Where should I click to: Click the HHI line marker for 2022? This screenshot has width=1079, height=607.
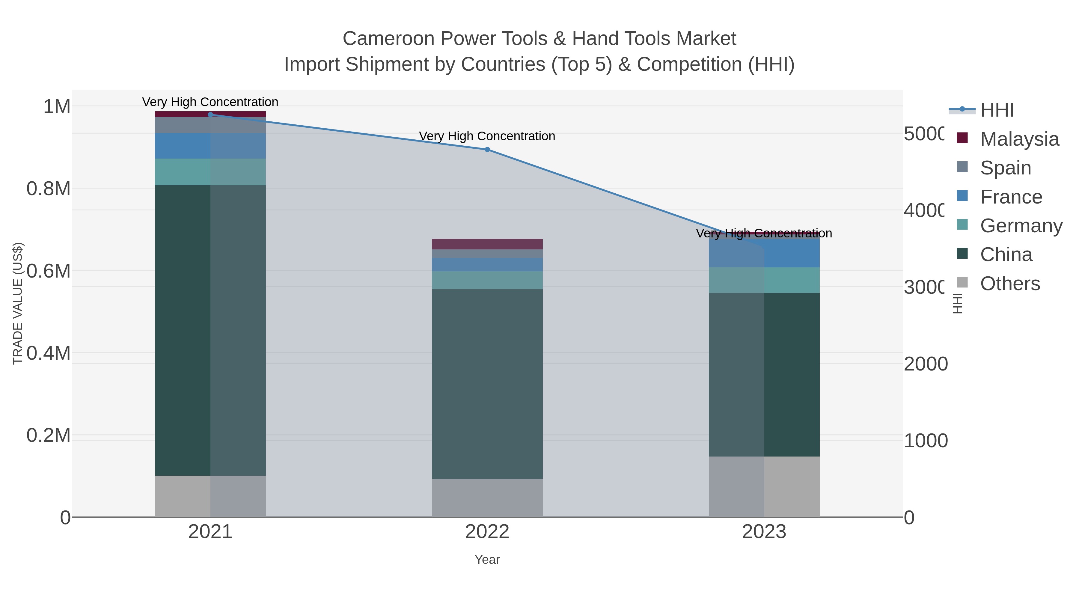tap(487, 150)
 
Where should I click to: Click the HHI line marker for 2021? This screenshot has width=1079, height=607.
tap(210, 115)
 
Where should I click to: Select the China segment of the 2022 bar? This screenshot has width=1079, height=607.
tap(487, 383)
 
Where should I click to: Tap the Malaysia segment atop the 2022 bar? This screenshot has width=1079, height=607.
tap(487, 244)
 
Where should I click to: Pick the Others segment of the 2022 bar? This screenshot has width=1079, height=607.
tap(487, 498)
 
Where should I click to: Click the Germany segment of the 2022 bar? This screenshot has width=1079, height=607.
tap(487, 280)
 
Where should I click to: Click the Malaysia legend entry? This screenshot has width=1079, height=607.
tap(1019, 139)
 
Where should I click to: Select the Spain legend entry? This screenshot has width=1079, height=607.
tap(1005, 168)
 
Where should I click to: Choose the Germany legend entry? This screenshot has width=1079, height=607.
tap(1021, 225)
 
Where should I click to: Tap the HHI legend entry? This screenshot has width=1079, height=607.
tap(997, 110)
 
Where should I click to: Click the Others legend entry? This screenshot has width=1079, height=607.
tap(1009, 283)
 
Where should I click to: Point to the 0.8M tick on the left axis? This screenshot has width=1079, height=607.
tap(49, 189)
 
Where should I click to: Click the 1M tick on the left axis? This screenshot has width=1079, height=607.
tap(57, 106)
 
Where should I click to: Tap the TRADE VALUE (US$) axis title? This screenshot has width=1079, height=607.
tap(18, 303)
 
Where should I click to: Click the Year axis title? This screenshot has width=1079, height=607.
tap(487, 560)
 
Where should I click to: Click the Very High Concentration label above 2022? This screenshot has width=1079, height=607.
tap(487, 136)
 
